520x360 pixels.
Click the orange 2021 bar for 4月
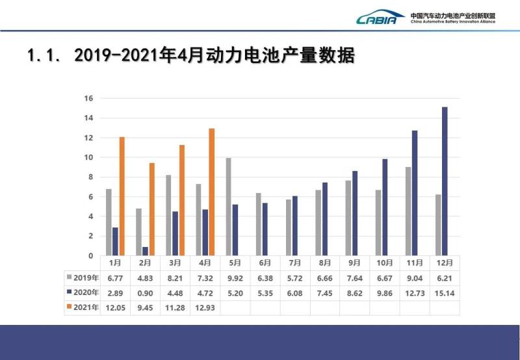(x=211, y=192)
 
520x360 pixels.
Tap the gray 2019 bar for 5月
(x=228, y=207)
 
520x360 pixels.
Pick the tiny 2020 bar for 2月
(x=144, y=251)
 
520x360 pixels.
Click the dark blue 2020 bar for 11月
(x=415, y=192)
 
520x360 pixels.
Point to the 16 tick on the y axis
(x=89, y=99)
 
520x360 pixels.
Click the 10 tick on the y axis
(x=89, y=158)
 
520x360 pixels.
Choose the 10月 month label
(x=385, y=263)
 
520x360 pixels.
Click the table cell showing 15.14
(x=445, y=292)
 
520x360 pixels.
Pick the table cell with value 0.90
(x=144, y=292)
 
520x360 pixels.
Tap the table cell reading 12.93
(x=205, y=307)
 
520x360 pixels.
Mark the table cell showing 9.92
(x=235, y=277)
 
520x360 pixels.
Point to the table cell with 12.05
(x=114, y=307)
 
